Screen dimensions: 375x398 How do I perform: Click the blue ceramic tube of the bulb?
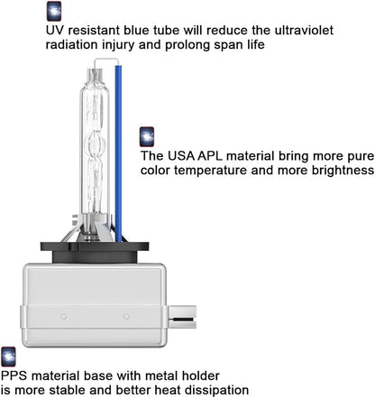tap(118, 153)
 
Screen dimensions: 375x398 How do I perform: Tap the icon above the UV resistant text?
tap(54, 11)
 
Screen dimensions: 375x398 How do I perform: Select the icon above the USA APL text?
tap(147, 137)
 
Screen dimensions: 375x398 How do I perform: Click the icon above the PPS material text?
tap(8, 356)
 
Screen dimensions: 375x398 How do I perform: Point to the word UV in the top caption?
tap(53, 31)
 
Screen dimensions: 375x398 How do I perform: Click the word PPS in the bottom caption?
tap(14, 375)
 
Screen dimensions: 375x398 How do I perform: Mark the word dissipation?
tap(216, 390)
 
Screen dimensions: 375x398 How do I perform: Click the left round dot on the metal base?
tap(63, 317)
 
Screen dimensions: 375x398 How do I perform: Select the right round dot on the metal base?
tap(126, 317)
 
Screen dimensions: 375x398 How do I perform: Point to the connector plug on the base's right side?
tap(182, 317)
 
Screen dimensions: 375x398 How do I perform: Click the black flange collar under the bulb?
tap(95, 252)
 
